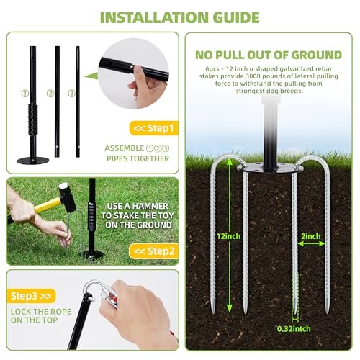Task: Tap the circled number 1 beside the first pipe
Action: (25, 94)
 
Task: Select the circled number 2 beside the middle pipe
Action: (50, 94)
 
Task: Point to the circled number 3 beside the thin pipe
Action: (71, 94)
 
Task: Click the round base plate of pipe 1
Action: (33, 161)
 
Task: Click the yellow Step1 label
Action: (154, 128)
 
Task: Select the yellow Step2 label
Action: (154, 251)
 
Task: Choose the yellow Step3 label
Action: (31, 296)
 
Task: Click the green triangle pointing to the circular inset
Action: (91, 76)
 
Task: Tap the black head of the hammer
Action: (68, 197)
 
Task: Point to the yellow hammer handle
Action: (48, 205)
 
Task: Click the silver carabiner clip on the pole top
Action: (99, 294)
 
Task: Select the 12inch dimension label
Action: (229, 236)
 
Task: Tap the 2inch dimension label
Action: (311, 236)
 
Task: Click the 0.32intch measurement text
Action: (294, 329)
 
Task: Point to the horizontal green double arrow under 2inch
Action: (311, 244)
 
